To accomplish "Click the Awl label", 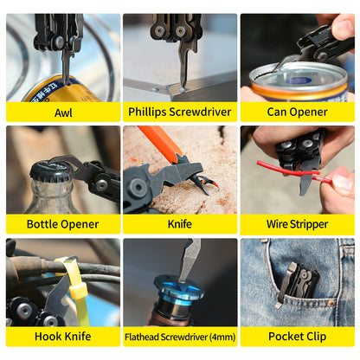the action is tap(63, 112).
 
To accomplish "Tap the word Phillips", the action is tap(147, 112).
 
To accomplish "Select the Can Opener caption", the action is tap(297, 112).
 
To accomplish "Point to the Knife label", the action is tap(180, 224).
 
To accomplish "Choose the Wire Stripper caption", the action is tap(297, 224).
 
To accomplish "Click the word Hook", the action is tap(48, 337).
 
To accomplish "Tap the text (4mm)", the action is tap(222, 337).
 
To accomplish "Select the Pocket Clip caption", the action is tap(297, 337).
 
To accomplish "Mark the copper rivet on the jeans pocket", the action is tap(331, 303).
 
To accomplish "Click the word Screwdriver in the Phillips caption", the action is tap(200, 112).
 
